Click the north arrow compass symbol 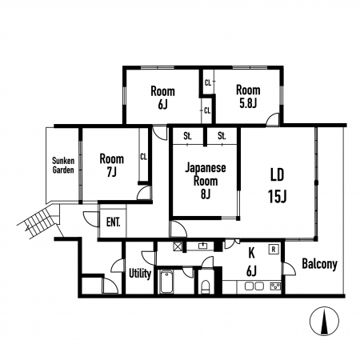click(x=324, y=321)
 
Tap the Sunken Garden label click(x=63, y=166)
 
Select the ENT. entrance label click(x=113, y=222)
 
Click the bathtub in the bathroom click(x=166, y=282)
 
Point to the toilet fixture click(x=206, y=287)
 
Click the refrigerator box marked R click(x=273, y=250)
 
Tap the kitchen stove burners click(x=275, y=286)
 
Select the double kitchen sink click(x=254, y=286)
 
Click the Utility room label click(x=140, y=274)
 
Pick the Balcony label click(x=319, y=264)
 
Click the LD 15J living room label click(x=278, y=186)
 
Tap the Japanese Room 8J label click(x=206, y=181)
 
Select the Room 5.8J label click(x=248, y=97)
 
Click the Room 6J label click(x=162, y=98)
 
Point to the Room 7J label click(x=112, y=165)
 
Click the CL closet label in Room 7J click(x=143, y=157)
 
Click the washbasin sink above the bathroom click(x=204, y=246)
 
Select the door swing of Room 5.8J click(x=273, y=119)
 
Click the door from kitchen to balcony click(x=290, y=269)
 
